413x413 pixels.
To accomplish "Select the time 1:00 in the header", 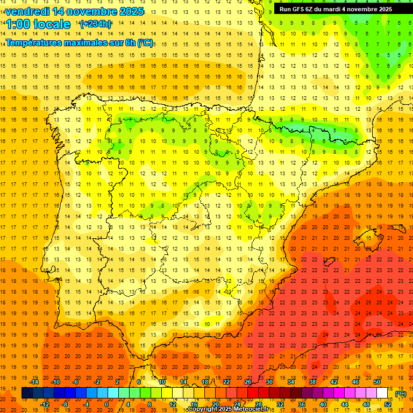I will pyautogui.click(x=18, y=24).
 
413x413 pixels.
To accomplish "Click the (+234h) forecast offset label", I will pyautogui.click(x=95, y=24).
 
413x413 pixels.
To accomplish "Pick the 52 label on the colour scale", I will pyautogui.click(x=388, y=404).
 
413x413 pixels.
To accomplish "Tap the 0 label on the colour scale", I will pyautogui.click(x=106, y=404).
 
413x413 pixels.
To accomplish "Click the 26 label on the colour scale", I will pyautogui.click(x=248, y=382).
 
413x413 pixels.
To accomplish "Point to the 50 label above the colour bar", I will pyautogui.click(x=377, y=382).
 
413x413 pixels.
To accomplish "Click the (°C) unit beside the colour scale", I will pyautogui.click(x=401, y=394).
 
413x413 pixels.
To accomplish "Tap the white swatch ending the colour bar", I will pyautogui.click(x=382, y=393).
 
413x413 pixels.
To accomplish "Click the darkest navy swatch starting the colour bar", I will pyautogui.click(x=27, y=393).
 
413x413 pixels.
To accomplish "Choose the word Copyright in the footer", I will pyautogui.click(x=203, y=409).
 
